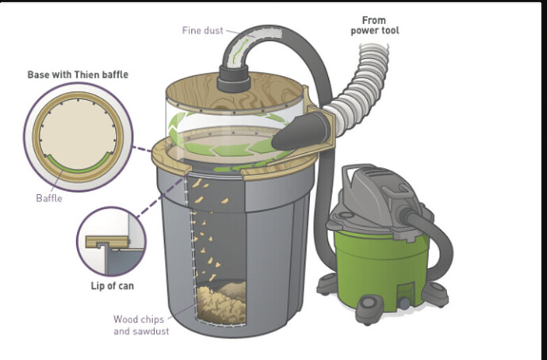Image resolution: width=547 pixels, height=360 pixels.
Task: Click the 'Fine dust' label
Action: (202, 30)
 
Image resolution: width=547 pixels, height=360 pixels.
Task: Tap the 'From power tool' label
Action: (375, 25)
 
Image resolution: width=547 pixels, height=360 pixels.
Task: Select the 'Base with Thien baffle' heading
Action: (78, 75)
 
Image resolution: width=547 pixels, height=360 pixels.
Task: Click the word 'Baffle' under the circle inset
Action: (49, 198)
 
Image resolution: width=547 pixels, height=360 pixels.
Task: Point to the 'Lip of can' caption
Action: (113, 286)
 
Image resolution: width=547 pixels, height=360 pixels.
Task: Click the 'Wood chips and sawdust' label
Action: (141, 325)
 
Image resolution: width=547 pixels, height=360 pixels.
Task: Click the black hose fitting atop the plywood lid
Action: (234, 79)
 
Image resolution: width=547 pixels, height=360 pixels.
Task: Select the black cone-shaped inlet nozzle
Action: (300, 132)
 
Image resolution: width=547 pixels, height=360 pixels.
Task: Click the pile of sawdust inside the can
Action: (222, 303)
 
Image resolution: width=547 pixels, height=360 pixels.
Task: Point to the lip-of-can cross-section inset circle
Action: (111, 242)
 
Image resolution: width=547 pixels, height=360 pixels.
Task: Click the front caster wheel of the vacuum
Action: (369, 308)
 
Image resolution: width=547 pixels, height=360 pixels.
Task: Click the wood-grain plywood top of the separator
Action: (235, 94)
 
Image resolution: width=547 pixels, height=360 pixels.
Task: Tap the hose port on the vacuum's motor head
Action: (407, 215)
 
